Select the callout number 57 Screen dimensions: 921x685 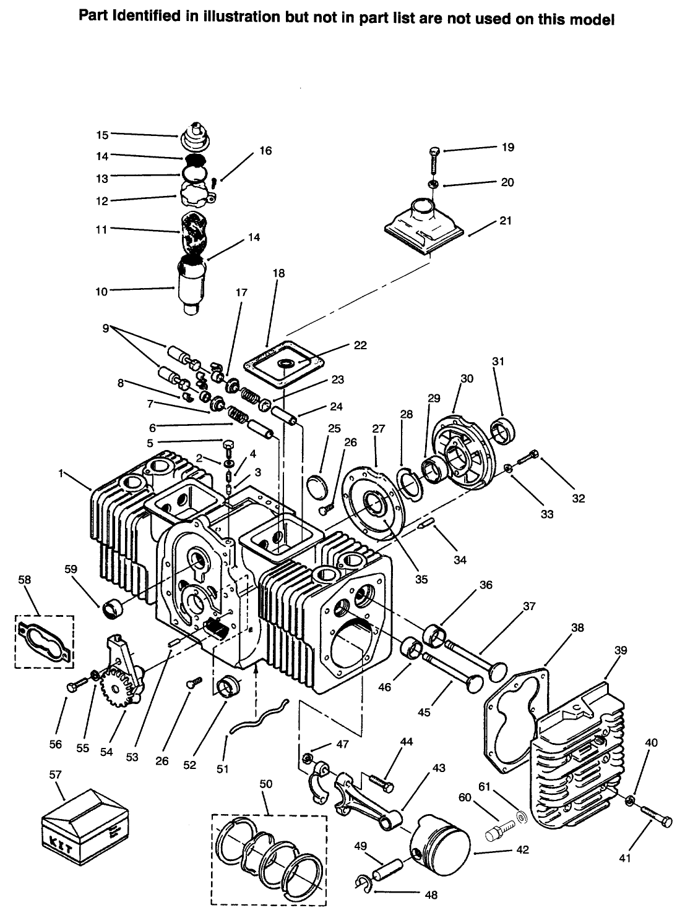[55, 774]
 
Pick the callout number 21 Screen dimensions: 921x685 [506, 221]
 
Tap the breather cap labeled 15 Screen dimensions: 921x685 [196, 136]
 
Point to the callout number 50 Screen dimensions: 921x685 [266, 784]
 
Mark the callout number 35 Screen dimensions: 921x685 [421, 579]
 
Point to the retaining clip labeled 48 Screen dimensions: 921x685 [363, 882]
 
